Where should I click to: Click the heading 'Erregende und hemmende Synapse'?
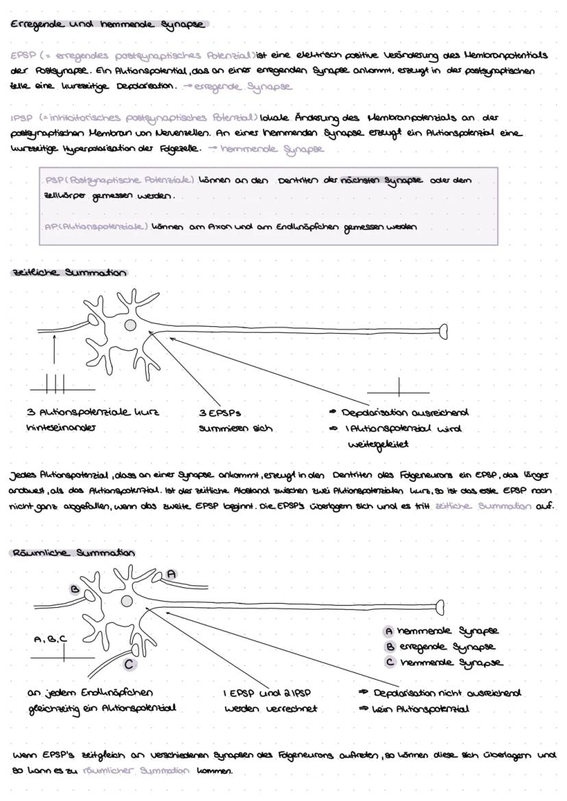point(108,25)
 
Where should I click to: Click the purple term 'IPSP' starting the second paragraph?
point(19,118)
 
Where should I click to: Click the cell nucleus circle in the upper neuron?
point(129,325)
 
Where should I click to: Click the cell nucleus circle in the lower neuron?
point(127,601)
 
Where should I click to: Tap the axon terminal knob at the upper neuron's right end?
point(444,332)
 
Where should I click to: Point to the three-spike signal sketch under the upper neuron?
point(55,383)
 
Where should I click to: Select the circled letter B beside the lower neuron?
point(75,588)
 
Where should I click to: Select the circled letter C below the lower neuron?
point(129,663)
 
